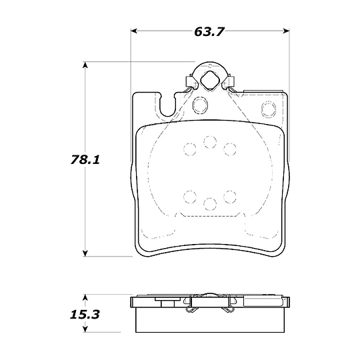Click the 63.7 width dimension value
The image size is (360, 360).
pyautogui.click(x=209, y=32)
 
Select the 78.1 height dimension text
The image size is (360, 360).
pyautogui.click(x=85, y=160)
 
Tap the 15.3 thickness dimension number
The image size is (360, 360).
pyautogui.click(x=85, y=315)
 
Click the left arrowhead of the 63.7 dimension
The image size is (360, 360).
pyautogui.click(x=134, y=31)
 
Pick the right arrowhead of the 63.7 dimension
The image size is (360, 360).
pyautogui.click(x=286, y=31)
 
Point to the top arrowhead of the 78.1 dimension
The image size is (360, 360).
pyautogui.click(x=85, y=65)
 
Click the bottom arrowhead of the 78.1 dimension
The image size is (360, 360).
pyautogui.click(x=85, y=253)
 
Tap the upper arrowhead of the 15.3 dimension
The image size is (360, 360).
pyautogui.click(x=85, y=298)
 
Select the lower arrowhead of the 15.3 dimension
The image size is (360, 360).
pyautogui.click(x=85, y=329)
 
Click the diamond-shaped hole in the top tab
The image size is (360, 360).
pyautogui.click(x=209, y=81)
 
